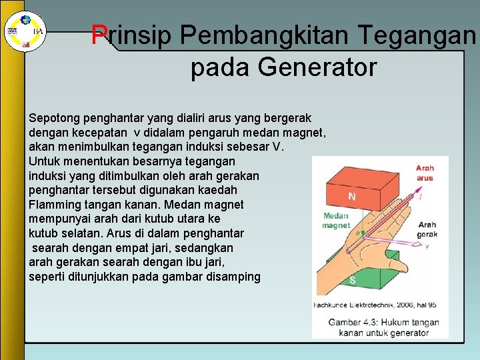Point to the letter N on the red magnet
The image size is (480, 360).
tap(351, 197)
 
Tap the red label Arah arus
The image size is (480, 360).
tap(425, 173)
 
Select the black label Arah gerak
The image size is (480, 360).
tap(427, 230)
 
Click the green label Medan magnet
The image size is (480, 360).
tap(336, 221)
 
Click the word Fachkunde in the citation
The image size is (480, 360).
tap(331, 305)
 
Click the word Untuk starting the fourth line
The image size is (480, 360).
tap(44, 161)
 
